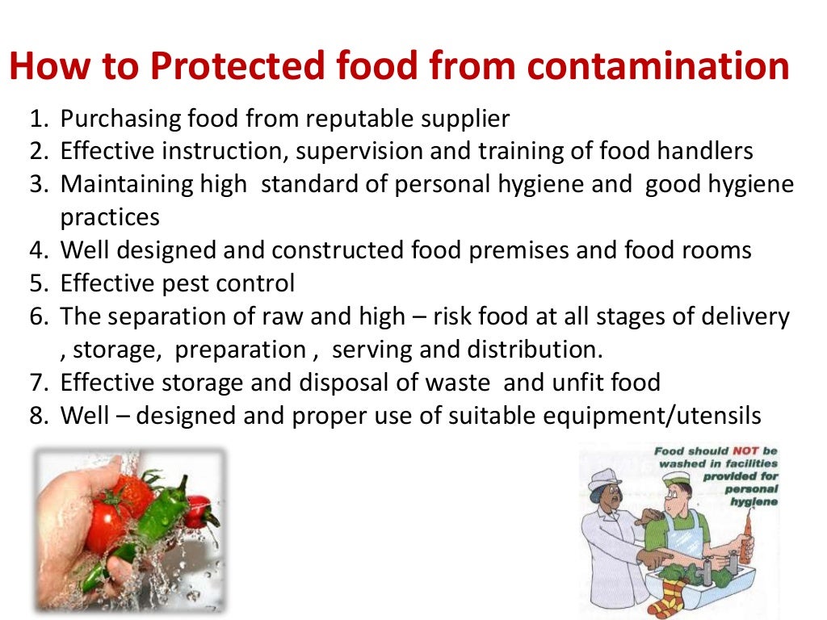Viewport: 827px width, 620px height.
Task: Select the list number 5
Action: pos(40,283)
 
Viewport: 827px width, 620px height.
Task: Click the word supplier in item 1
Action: pos(466,119)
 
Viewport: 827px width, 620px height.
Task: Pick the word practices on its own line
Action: pos(110,217)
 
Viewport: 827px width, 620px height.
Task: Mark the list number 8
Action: pos(40,416)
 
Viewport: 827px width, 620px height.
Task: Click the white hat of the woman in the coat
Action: pos(602,481)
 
